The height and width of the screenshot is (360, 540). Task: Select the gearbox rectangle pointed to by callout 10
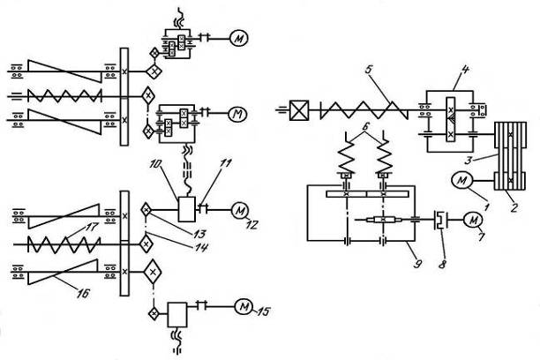click(187, 210)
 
